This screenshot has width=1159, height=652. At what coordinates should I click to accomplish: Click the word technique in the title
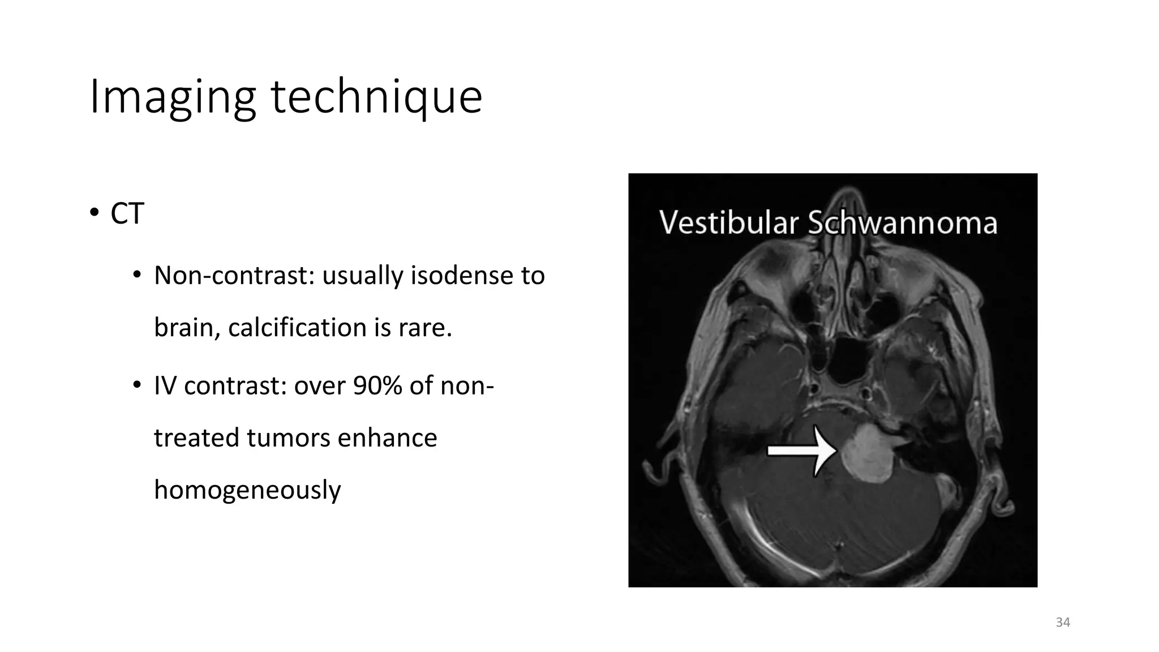376,97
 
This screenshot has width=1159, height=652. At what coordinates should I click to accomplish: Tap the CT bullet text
127,214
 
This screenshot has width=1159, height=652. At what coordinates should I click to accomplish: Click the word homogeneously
247,490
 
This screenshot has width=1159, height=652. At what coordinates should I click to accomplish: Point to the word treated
196,438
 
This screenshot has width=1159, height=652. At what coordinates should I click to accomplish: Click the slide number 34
1063,623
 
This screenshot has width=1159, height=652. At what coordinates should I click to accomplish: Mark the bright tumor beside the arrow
867,456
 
